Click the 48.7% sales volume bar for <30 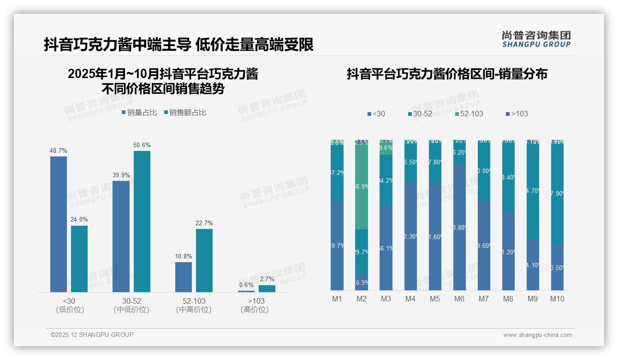click(59, 224)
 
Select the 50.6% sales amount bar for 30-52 click(142, 221)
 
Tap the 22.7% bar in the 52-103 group click(204, 260)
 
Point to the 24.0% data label click(79, 219)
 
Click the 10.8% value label click(184, 256)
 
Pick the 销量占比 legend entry click(139, 113)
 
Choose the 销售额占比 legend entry click(185, 113)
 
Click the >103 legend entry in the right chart click(517, 114)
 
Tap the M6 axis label click(459, 299)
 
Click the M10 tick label click(557, 299)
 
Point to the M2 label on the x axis click(362, 299)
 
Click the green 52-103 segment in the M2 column click(362, 187)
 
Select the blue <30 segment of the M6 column click(459, 227)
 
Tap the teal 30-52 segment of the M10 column click(557, 194)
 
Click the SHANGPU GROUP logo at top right click(536, 39)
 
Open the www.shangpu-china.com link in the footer click(537, 335)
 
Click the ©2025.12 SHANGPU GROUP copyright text click(92, 335)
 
